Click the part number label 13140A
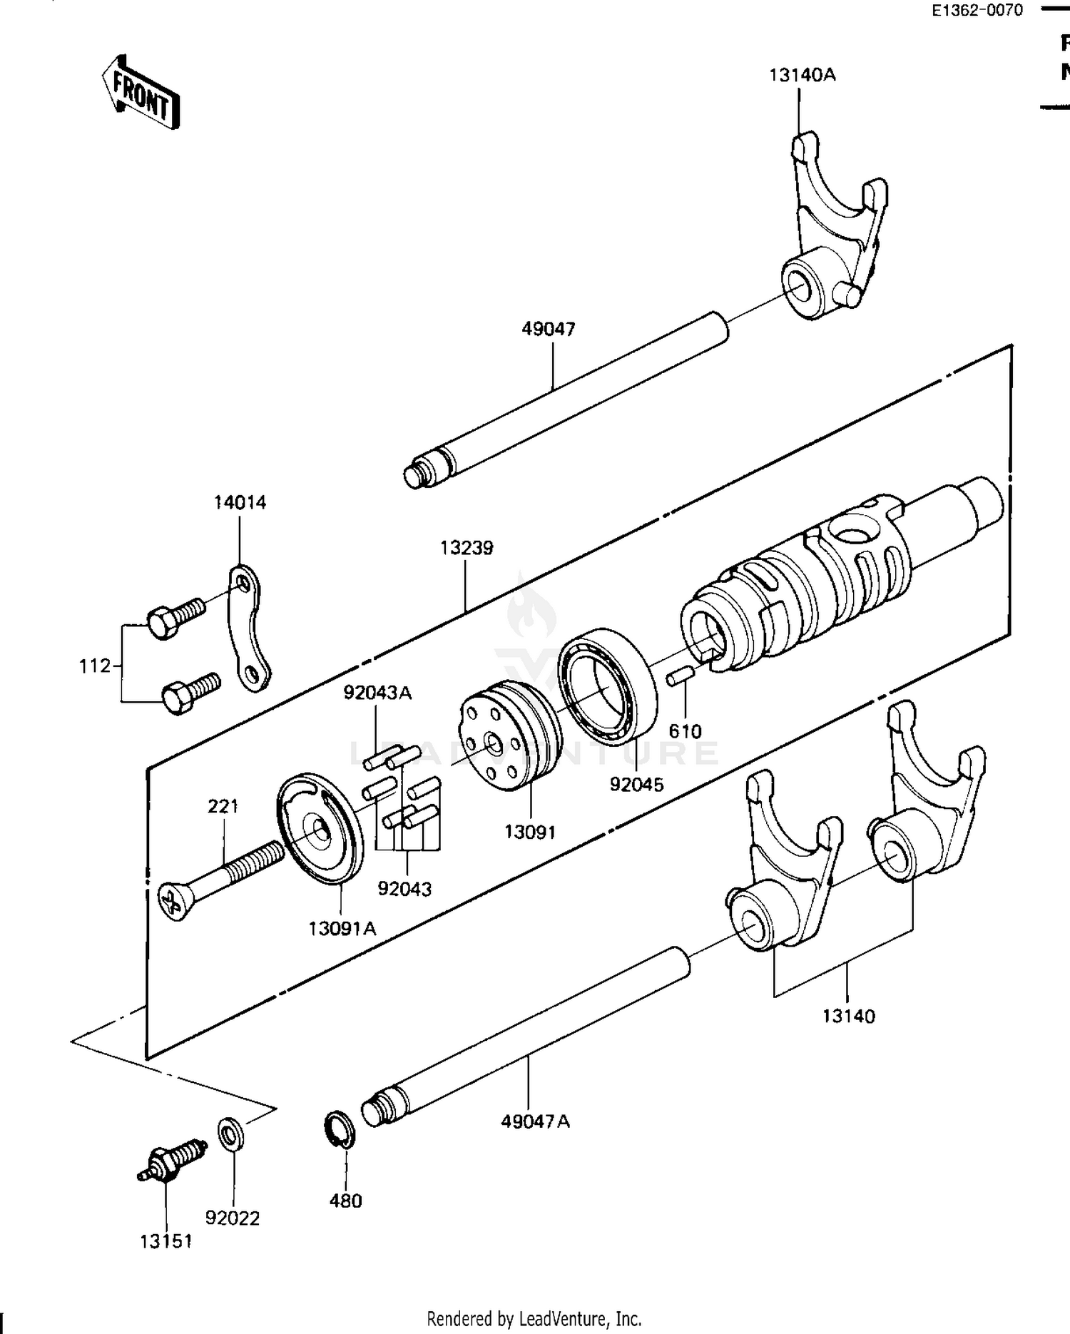[x=802, y=75]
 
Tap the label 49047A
[x=535, y=1121]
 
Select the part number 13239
[x=467, y=548]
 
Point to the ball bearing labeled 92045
[x=607, y=685]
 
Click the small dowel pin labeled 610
[x=680, y=678]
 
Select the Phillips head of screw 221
[x=173, y=903]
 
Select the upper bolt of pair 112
[x=175, y=616]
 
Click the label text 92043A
[x=377, y=693]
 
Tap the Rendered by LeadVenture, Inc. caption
[x=534, y=1318]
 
